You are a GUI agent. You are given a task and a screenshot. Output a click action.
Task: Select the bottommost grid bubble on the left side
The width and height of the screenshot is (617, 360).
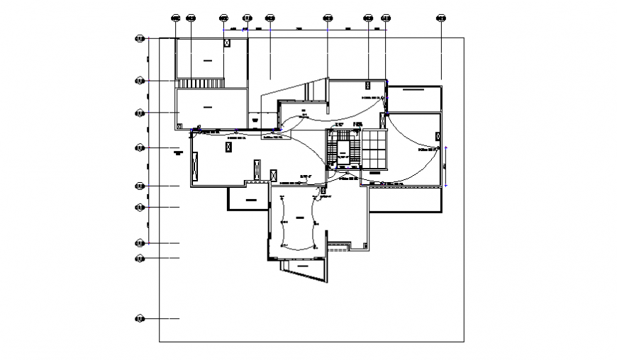[140, 319]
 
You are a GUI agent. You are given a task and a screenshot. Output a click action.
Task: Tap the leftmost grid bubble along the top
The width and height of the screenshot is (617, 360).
[175, 18]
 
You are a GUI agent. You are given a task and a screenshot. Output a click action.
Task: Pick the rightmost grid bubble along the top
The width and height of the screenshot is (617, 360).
[441, 18]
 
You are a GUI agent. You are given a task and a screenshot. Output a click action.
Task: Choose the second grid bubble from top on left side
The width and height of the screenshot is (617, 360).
[140, 81]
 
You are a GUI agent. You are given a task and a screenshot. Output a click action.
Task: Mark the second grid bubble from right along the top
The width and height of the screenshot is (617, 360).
[386, 18]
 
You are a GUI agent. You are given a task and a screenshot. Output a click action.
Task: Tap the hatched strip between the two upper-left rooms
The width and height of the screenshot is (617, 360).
[201, 84]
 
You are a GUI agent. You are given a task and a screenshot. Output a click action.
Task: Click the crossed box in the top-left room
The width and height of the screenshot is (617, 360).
[227, 43]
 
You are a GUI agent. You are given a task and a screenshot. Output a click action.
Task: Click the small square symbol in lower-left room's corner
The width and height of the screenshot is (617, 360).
[179, 126]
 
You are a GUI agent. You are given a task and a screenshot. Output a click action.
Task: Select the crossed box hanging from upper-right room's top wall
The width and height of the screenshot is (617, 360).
[367, 84]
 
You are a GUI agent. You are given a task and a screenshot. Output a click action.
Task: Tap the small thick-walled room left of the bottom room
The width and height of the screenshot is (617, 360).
[248, 201]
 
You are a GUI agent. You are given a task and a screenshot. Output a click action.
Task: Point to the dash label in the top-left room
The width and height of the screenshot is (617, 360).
[207, 62]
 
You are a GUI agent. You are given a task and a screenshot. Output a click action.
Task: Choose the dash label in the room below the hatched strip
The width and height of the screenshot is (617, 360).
[207, 107]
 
